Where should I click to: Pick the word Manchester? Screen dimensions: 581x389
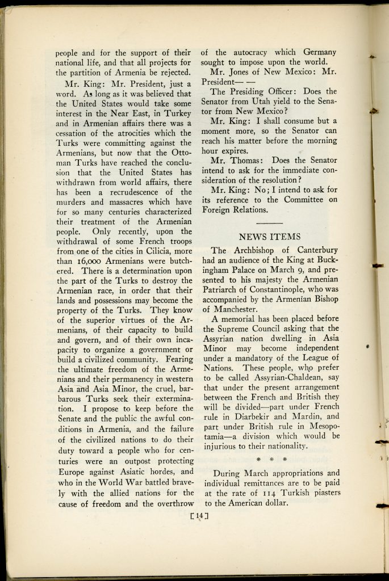click(x=231, y=310)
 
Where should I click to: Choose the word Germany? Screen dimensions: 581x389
click(x=316, y=51)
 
